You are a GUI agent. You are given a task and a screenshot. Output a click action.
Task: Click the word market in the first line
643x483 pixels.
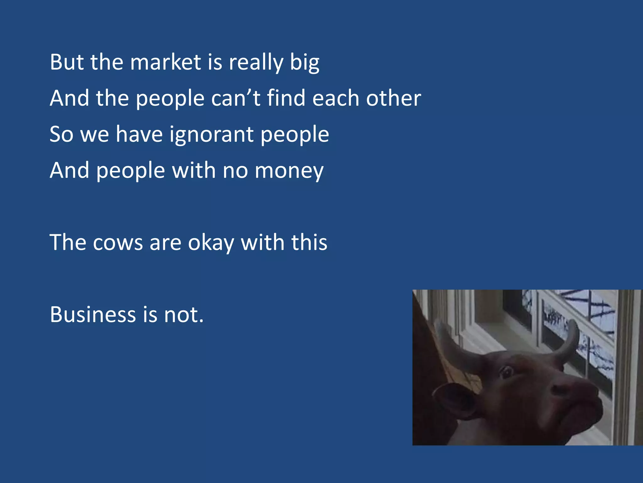tap(165, 62)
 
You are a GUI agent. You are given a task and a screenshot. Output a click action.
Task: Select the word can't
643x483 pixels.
tap(236, 98)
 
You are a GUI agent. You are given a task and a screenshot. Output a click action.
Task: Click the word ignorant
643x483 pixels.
tap(212, 135)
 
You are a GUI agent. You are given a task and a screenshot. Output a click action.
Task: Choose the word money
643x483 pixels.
tap(289, 171)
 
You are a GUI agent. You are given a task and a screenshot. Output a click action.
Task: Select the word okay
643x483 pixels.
tap(211, 243)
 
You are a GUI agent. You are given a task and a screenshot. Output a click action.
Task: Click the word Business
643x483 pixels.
tap(93, 314)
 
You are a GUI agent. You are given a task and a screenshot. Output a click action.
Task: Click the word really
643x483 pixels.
tap(256, 63)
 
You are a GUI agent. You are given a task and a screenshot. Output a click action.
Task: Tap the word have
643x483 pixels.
tap(139, 134)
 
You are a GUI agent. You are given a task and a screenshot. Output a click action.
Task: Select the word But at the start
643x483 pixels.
tap(67, 62)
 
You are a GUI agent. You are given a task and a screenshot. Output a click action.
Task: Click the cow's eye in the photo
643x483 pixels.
tap(506, 372)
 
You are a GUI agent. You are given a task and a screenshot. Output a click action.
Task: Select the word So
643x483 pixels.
tap(62, 134)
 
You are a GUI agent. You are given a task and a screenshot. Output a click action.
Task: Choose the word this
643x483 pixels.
tap(309, 243)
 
